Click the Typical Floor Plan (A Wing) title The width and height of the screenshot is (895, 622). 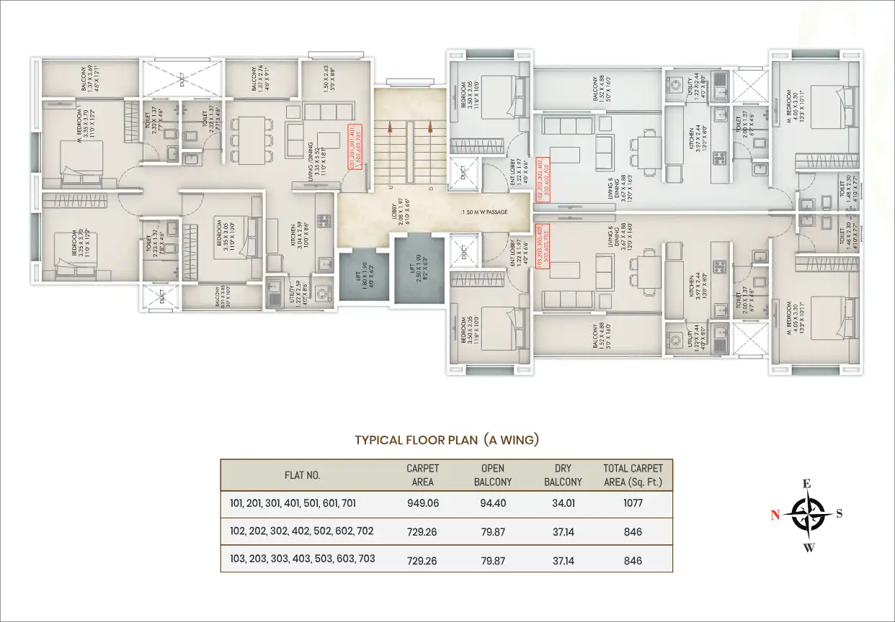click(447, 440)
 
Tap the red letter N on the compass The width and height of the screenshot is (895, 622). click(775, 514)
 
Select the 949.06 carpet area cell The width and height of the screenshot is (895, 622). click(422, 503)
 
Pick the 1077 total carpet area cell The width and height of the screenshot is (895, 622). click(632, 503)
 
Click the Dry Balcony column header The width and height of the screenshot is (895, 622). click(564, 475)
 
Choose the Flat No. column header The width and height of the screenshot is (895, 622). click(302, 475)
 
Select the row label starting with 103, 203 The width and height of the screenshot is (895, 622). click(298, 559)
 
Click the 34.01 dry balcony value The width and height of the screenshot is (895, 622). click(564, 503)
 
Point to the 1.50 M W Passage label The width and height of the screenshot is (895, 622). click(484, 212)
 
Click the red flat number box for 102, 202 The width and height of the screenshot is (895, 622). click(543, 177)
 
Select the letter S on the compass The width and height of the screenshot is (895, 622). click(839, 514)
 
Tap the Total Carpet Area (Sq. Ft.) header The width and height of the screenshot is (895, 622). click(632, 475)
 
